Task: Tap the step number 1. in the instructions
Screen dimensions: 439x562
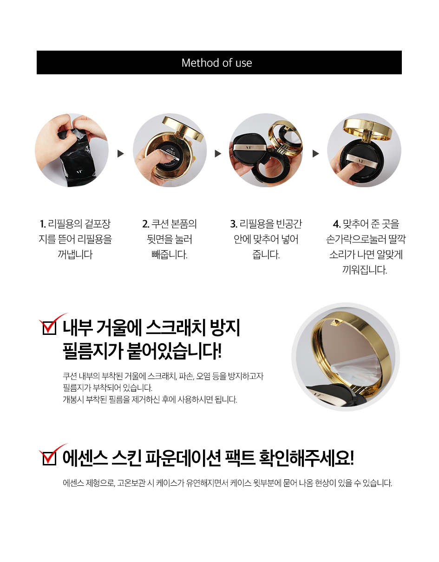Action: tap(43, 224)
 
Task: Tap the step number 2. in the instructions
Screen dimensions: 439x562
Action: tap(146, 224)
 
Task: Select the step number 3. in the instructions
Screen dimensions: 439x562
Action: tap(234, 224)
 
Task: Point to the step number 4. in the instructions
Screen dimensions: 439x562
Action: tap(337, 224)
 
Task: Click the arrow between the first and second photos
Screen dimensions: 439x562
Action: tap(120, 154)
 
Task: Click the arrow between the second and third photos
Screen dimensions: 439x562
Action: tap(218, 154)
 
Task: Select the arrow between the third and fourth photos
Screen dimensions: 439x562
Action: tap(315, 154)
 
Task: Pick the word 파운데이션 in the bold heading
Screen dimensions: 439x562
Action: tap(183, 458)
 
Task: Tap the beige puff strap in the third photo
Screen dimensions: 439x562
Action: tap(249, 147)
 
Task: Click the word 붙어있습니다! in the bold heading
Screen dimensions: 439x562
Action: tap(174, 352)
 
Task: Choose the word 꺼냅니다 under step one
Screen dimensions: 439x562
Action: tap(75, 255)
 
